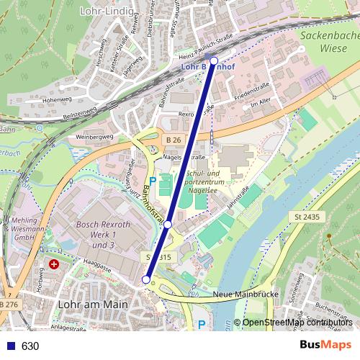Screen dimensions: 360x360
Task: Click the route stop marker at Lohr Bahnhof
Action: (214, 61)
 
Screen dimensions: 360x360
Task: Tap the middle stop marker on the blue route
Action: (168, 225)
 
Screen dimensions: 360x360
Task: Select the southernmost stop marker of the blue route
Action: (146, 279)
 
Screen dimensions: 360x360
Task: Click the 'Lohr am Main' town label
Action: (91, 305)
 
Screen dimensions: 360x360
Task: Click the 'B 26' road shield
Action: (173, 138)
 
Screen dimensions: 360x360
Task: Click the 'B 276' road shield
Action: (9, 305)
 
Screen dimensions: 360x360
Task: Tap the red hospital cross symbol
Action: (54, 264)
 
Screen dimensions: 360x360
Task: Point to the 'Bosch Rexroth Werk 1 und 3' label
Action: (103, 235)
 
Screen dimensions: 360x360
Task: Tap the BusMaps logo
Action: (326, 345)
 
